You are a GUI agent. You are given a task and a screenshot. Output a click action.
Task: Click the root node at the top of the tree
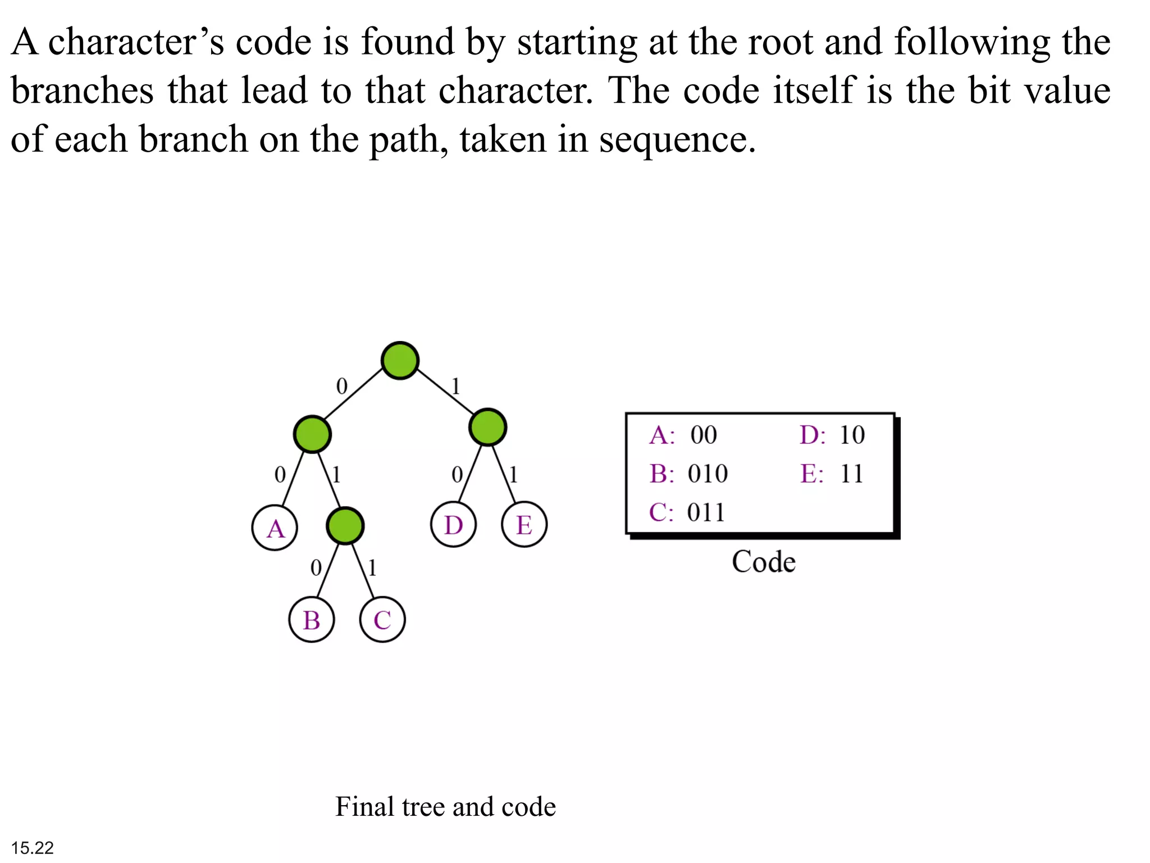coord(400,360)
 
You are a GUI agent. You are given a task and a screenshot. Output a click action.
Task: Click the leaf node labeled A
coord(275,528)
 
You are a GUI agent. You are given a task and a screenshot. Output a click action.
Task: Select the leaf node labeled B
coord(312,620)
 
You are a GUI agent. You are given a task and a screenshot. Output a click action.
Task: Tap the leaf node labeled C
coord(382,620)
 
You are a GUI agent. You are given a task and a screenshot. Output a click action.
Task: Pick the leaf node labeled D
coord(454,525)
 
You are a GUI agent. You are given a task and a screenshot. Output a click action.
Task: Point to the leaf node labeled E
coord(524,525)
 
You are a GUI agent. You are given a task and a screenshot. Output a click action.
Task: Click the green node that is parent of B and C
coord(345,526)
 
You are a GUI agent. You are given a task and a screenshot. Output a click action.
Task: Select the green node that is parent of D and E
coord(487,427)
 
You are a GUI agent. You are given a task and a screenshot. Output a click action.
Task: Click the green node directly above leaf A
coord(312,434)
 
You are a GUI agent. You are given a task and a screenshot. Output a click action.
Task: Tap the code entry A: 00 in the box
coord(683,435)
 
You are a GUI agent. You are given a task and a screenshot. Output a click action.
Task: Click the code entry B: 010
coord(688,474)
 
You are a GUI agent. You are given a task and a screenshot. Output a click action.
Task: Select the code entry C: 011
coord(687,512)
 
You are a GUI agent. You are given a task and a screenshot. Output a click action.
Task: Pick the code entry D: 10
coord(832,435)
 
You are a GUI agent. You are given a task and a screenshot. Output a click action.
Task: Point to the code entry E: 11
coord(832,474)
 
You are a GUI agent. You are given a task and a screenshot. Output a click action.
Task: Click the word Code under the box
coord(763,562)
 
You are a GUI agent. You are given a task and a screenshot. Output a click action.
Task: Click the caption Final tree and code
coord(445,807)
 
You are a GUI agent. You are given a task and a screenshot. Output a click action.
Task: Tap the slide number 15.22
coord(33,847)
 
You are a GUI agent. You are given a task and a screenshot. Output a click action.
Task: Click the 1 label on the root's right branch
coord(456,387)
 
